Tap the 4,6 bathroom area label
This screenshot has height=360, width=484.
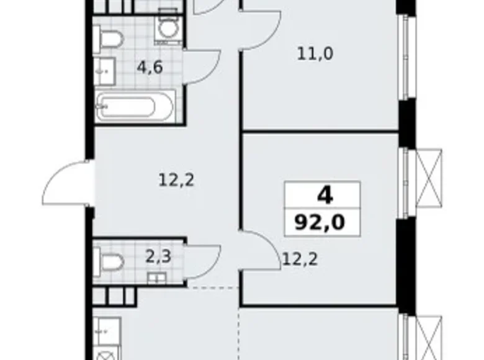tap(150, 67)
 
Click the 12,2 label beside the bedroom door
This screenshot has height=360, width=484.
tap(300, 259)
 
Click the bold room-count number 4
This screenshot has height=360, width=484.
tap(324, 196)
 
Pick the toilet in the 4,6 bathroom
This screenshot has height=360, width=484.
tap(110, 40)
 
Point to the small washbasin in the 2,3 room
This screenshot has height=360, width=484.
tap(156, 277)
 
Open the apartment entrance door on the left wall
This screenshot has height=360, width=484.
tap(69, 183)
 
